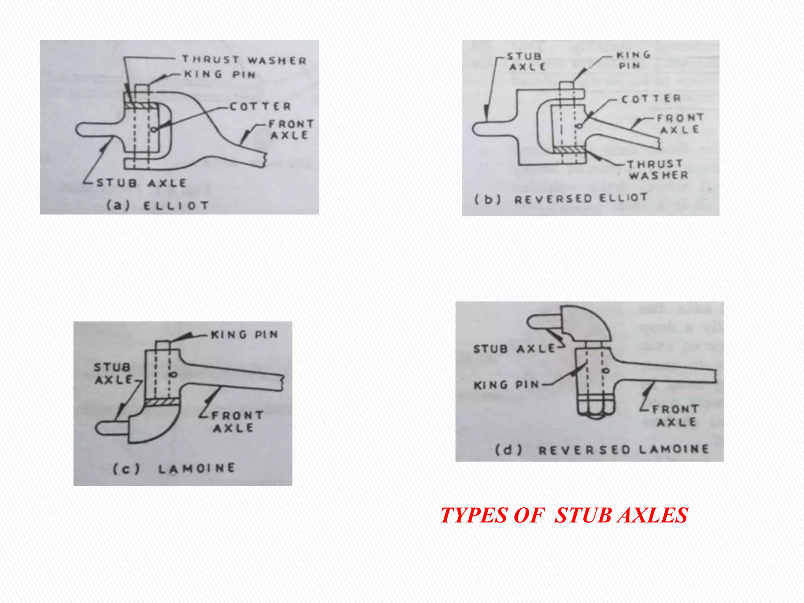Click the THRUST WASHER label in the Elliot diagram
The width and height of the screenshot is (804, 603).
point(244,60)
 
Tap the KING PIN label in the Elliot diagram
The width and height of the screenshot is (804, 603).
point(220,74)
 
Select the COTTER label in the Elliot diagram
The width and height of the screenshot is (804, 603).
point(260,106)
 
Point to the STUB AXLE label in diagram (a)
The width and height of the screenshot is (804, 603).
point(141,183)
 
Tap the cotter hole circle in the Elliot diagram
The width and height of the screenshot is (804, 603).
point(154,129)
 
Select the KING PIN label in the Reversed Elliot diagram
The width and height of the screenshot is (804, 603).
point(633,60)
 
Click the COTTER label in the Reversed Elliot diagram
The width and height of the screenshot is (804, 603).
point(651,98)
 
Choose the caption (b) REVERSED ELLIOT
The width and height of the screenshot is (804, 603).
point(561,199)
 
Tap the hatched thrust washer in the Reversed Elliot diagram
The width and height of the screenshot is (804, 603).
point(568,150)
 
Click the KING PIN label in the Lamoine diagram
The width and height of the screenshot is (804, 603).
point(244,334)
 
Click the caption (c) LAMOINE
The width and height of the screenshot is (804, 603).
point(174,468)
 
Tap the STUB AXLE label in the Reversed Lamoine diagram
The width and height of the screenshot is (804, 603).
point(514,349)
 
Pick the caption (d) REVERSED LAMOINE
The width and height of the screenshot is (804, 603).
point(602,449)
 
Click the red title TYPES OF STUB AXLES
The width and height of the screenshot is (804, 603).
point(564,515)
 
